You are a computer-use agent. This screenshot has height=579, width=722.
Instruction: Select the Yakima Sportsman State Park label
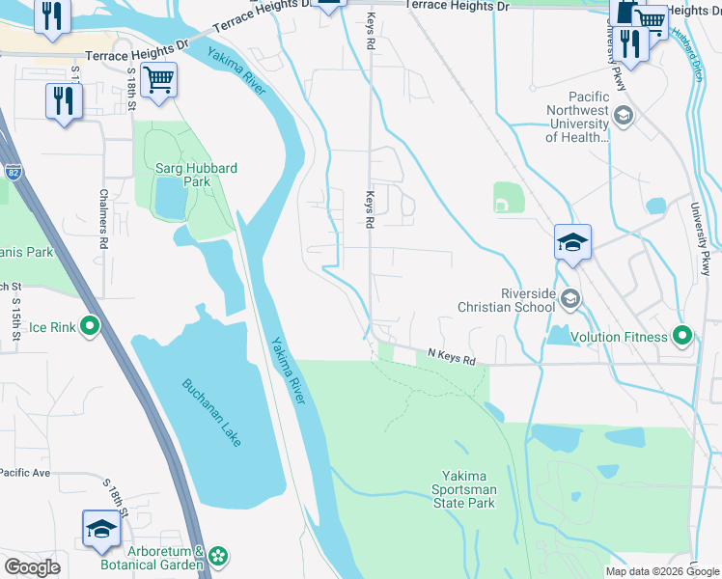(x=469, y=489)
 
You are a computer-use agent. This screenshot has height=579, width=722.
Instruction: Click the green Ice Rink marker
(x=90, y=327)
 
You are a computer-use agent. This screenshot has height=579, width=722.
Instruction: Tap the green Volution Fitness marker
(x=683, y=337)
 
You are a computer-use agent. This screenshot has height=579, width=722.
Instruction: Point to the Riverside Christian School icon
(x=570, y=300)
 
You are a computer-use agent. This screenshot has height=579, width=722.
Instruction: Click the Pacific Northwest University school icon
(x=624, y=117)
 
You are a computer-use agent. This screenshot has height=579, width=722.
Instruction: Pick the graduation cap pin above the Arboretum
(x=100, y=528)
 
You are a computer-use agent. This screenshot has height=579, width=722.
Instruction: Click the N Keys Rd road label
(x=452, y=359)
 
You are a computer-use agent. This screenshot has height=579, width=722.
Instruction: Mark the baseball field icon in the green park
(x=503, y=203)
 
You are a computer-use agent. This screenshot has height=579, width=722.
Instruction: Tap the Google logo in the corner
(x=32, y=567)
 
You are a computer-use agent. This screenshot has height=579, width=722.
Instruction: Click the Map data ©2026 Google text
(x=661, y=570)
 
